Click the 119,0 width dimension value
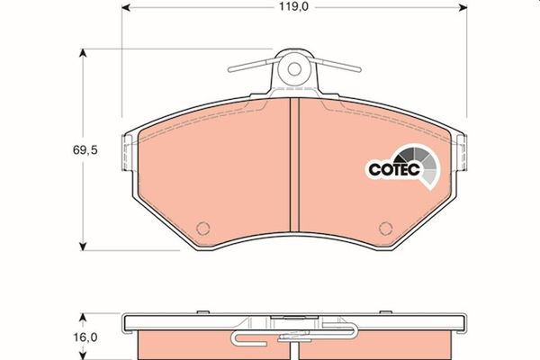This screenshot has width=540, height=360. click(293, 7)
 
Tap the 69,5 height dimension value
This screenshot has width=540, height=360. click(85, 150)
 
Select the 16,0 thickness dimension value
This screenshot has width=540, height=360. click(85, 337)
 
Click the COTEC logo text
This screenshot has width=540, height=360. click(394, 169)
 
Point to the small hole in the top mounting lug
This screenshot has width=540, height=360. click(294, 69)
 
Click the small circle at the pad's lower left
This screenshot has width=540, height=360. click(202, 228)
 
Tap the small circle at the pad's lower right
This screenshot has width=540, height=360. click(385, 228)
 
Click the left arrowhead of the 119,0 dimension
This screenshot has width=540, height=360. click(126, 7)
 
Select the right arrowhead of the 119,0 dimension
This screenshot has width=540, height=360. click(463, 7)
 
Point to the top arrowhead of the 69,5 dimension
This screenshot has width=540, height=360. click(82, 53)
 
